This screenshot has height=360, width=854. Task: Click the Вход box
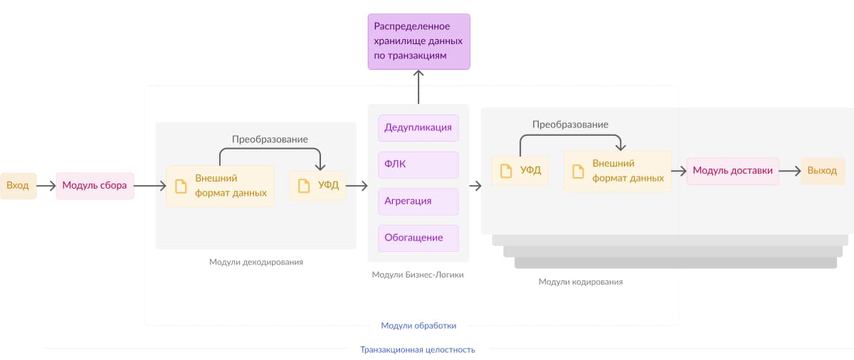(18, 186)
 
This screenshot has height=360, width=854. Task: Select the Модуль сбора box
(95, 186)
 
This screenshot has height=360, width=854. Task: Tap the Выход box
(823, 171)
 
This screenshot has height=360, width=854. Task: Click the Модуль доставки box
(732, 171)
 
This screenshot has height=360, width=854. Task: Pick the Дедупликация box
(418, 128)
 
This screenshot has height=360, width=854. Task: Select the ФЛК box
(418, 164)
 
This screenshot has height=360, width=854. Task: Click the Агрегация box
(418, 201)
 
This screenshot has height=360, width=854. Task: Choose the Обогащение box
(418, 238)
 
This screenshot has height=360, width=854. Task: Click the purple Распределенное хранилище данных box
(418, 41)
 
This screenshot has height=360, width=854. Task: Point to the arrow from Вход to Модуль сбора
(46, 186)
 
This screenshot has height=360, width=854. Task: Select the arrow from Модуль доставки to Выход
(790, 171)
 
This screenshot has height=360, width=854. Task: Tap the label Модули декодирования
(256, 262)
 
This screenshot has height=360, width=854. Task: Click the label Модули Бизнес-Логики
(418, 275)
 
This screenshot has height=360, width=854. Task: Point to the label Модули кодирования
(581, 282)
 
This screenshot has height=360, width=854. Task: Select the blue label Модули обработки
(418, 326)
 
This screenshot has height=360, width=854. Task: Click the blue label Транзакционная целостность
(418, 350)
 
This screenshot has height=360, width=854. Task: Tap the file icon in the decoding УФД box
(304, 186)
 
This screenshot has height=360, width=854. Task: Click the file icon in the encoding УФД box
(506, 171)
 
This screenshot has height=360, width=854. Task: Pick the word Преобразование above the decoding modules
(270, 139)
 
